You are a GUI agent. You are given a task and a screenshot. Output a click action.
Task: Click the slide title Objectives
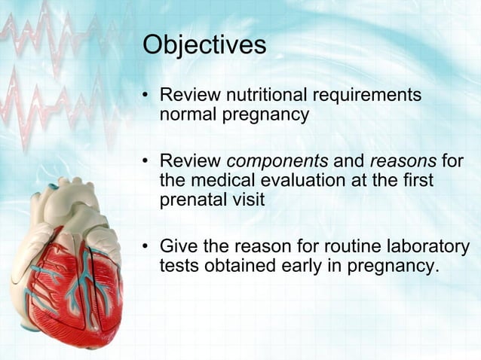pos(204,45)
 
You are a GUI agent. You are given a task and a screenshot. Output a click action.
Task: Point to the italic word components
pos(277,162)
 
